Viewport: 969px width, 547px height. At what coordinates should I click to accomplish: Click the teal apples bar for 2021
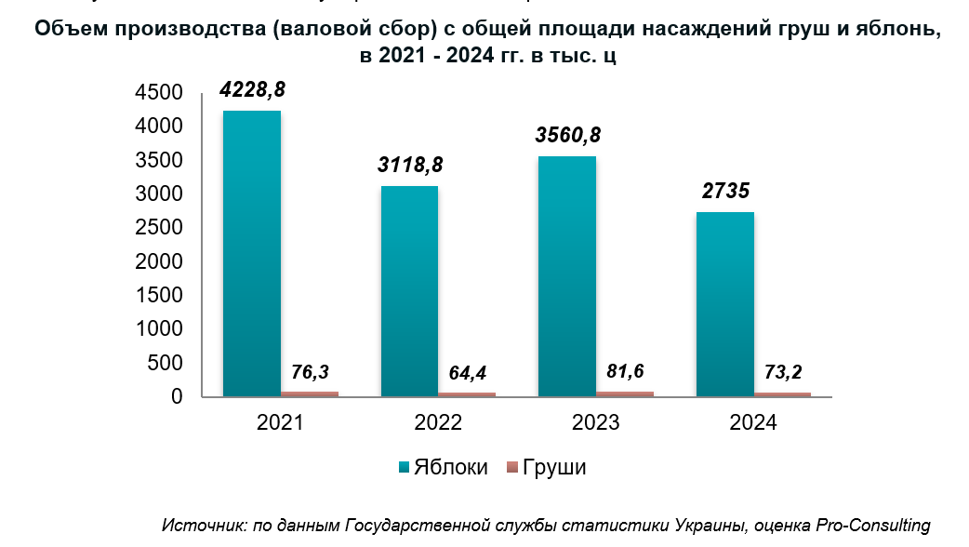pos(252,253)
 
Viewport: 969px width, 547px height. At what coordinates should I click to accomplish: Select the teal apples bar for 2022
pos(409,291)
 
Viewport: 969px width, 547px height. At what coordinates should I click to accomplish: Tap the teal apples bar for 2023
pos(567,276)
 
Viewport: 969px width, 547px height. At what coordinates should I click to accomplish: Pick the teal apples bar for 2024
pos(724,304)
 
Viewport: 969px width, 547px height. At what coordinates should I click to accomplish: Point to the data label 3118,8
pos(410,166)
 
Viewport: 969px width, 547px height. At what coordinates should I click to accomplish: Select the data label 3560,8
pos(567,135)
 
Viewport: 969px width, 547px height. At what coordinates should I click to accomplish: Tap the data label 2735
pos(724,192)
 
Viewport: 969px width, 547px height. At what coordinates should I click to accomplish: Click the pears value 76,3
pos(311,372)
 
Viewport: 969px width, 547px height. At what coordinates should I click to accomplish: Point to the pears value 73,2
pos(782,372)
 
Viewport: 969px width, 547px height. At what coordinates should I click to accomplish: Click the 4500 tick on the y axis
pos(158,93)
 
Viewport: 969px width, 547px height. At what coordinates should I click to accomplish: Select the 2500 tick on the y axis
pos(158,228)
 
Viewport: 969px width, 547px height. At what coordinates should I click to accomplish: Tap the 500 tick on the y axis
pos(165,364)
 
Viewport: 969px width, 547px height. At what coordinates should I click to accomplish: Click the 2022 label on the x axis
pos(438,423)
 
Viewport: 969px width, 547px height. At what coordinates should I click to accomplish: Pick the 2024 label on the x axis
pos(753,423)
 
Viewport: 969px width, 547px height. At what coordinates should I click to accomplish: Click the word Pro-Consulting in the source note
pos(873,525)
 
